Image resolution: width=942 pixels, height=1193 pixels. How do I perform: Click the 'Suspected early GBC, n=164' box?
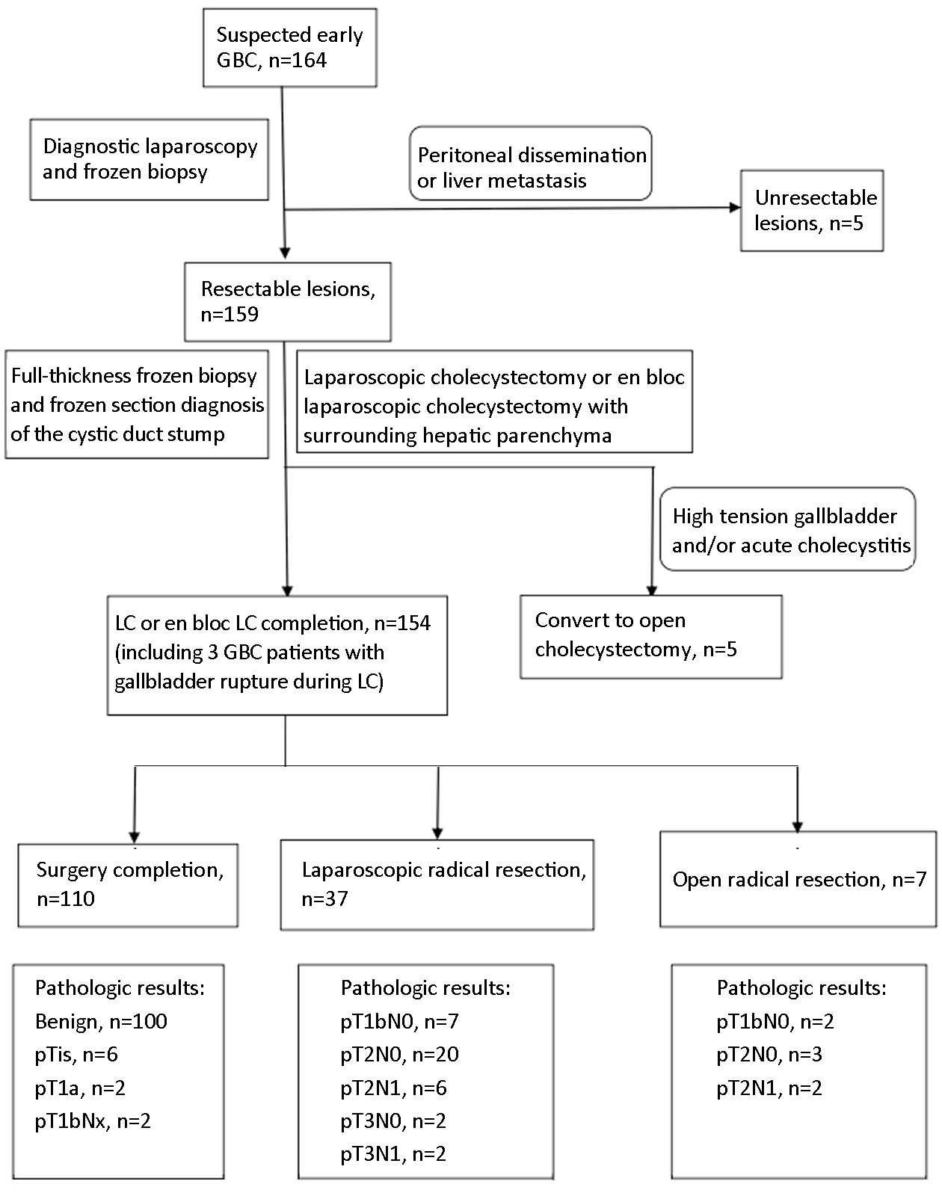(x=289, y=48)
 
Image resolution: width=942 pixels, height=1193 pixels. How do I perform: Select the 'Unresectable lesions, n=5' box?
(x=812, y=211)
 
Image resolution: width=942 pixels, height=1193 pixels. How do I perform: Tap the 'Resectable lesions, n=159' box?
(x=288, y=301)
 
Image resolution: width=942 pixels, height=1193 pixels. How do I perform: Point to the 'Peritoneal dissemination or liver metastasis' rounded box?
(x=531, y=163)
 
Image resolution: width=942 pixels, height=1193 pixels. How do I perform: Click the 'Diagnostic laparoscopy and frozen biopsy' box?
(x=149, y=160)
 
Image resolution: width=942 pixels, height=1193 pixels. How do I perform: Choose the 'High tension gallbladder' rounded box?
(x=787, y=529)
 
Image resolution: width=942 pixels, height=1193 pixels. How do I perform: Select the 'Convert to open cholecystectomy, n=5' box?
(x=651, y=637)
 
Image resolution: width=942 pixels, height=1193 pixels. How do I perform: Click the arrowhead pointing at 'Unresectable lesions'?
(x=735, y=208)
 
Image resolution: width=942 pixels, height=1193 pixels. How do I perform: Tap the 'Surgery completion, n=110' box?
(x=128, y=885)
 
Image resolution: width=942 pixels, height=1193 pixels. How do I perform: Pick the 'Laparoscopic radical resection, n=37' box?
(x=437, y=885)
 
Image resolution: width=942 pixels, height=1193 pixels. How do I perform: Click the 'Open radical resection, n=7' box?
(x=798, y=879)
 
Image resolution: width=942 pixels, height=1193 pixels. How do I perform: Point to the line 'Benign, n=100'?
(x=101, y=1021)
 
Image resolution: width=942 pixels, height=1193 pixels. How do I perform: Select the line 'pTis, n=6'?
(x=76, y=1055)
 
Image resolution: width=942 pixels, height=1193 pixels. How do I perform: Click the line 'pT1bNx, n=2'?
(x=93, y=1121)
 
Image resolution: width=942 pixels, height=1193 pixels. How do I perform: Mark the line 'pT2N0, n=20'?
(x=400, y=1055)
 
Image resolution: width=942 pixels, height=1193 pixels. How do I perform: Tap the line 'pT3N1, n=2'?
(x=393, y=1153)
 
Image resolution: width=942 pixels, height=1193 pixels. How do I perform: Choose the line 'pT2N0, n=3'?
(x=769, y=1055)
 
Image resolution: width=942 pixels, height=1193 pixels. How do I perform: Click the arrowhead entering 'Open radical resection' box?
(x=797, y=827)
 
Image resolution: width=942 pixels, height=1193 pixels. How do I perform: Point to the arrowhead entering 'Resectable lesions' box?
(x=285, y=253)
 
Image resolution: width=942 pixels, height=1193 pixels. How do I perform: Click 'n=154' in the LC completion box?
(x=402, y=623)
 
